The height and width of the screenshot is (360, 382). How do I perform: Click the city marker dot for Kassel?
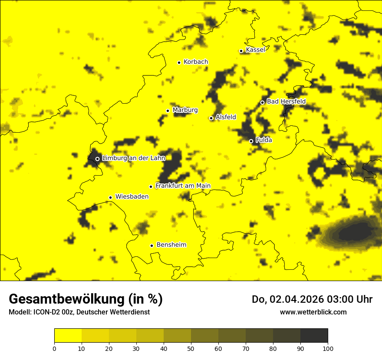tap(241, 51)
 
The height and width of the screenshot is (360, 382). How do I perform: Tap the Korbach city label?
tap(195, 62)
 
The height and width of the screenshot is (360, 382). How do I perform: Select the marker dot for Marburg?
tap(168, 111)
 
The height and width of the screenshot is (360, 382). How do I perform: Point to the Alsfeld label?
tap(226, 117)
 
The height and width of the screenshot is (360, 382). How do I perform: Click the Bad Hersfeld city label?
tap(286, 101)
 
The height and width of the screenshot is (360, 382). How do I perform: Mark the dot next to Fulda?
tap(251, 141)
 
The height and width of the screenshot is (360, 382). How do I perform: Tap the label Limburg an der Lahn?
tap(134, 158)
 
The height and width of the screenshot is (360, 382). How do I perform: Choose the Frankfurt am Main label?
tap(183, 186)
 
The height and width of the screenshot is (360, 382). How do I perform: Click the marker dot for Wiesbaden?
tap(111, 197)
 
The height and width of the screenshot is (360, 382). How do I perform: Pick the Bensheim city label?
tap(171, 245)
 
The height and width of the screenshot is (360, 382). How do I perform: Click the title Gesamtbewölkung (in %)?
tap(86, 299)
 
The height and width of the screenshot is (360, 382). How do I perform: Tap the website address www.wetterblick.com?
tap(313, 312)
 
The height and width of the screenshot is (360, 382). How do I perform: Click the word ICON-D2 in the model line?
tap(46, 312)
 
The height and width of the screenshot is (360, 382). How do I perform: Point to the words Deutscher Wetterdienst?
tap(113, 312)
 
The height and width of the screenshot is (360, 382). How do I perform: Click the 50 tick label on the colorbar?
tap(191, 348)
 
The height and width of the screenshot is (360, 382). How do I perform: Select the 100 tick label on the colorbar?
tap(328, 348)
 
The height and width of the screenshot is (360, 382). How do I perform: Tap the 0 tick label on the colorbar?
tap(54, 348)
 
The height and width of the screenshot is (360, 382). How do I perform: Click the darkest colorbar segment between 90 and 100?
tap(314, 335)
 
